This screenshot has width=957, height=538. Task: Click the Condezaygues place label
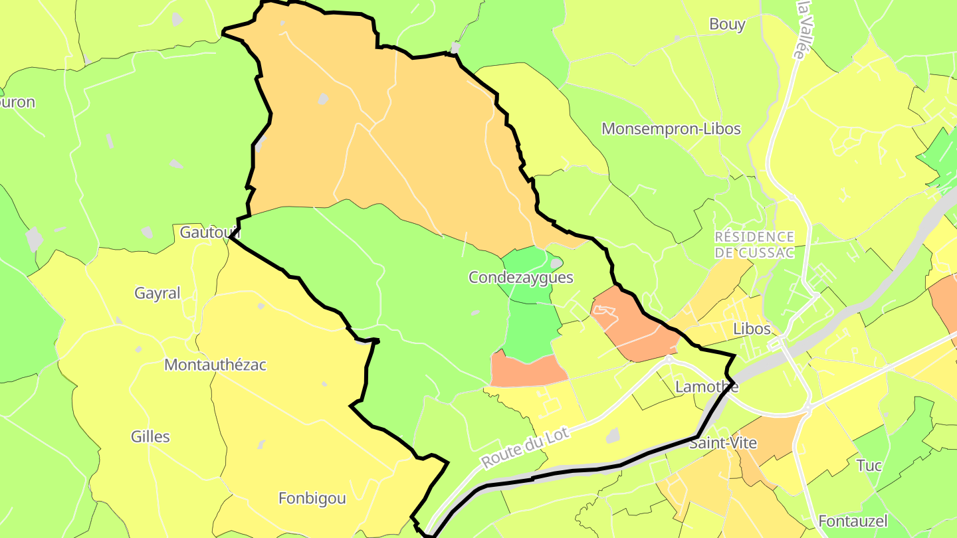click(520, 278)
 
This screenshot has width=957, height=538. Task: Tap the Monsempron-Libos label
click(671, 129)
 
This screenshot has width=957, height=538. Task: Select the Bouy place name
click(727, 25)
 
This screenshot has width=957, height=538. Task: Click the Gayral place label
click(158, 293)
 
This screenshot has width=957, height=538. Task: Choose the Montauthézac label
click(215, 365)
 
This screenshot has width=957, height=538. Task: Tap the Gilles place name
click(150, 436)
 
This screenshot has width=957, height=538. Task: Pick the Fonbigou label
click(312, 498)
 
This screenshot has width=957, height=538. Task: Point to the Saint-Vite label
click(723, 442)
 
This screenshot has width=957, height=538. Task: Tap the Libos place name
click(752, 329)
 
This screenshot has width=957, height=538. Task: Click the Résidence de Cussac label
click(754, 244)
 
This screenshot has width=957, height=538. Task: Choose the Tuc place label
click(869, 465)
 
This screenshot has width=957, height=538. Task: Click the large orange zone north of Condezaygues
click(399, 133)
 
